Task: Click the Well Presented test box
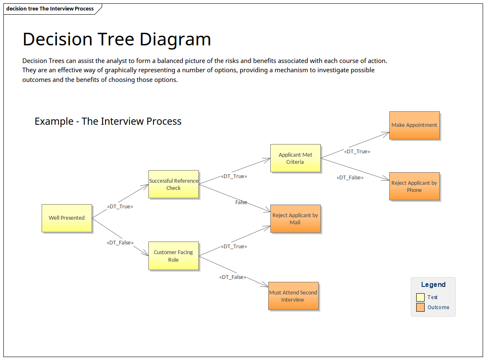(66, 218)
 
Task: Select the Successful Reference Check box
(173, 184)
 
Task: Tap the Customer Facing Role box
(173, 256)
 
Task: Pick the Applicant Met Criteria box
(295, 158)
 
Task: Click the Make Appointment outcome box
(414, 125)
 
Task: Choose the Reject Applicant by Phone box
(414, 187)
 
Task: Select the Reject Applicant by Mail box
(295, 219)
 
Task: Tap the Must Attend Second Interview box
(293, 296)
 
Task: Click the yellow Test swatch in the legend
(420, 297)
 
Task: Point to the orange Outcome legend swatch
(420, 307)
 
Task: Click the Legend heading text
(433, 285)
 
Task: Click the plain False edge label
(241, 202)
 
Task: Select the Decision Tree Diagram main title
(117, 39)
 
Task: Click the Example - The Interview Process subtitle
(108, 121)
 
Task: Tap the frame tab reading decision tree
(50, 9)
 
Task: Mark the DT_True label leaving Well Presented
(120, 207)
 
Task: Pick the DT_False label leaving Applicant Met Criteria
(350, 178)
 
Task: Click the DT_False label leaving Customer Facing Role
(232, 277)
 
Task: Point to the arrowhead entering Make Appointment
(387, 133)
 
